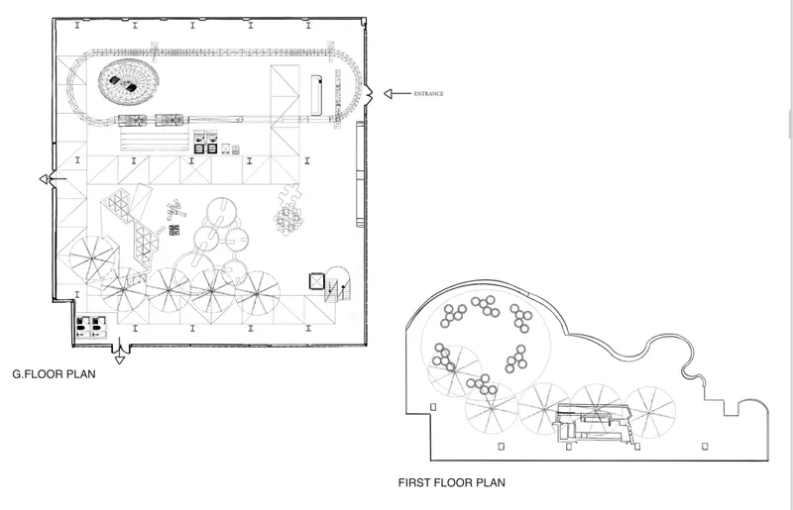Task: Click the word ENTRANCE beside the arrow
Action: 428,93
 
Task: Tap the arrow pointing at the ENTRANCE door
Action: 397,93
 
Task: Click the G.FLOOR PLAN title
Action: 55,374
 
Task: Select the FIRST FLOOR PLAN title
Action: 452,482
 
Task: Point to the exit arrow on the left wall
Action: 53,179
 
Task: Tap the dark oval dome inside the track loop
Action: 129,81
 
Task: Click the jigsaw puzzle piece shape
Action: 290,194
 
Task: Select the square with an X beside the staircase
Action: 316,281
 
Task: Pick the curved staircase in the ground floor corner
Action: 337,284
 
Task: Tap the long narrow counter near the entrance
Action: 316,95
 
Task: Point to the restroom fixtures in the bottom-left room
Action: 91,327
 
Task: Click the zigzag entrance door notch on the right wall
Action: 369,93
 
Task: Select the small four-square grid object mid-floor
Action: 174,230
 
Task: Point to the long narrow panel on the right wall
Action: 360,173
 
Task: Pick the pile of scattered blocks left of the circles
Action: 175,209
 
